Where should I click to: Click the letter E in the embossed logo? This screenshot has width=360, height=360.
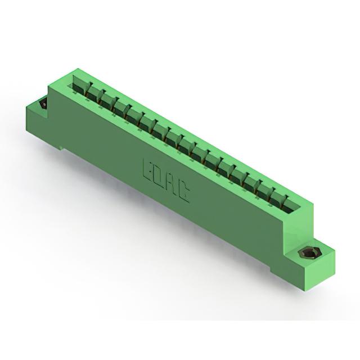(148, 169)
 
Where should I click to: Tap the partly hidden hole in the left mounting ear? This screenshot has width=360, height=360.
(44, 104)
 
